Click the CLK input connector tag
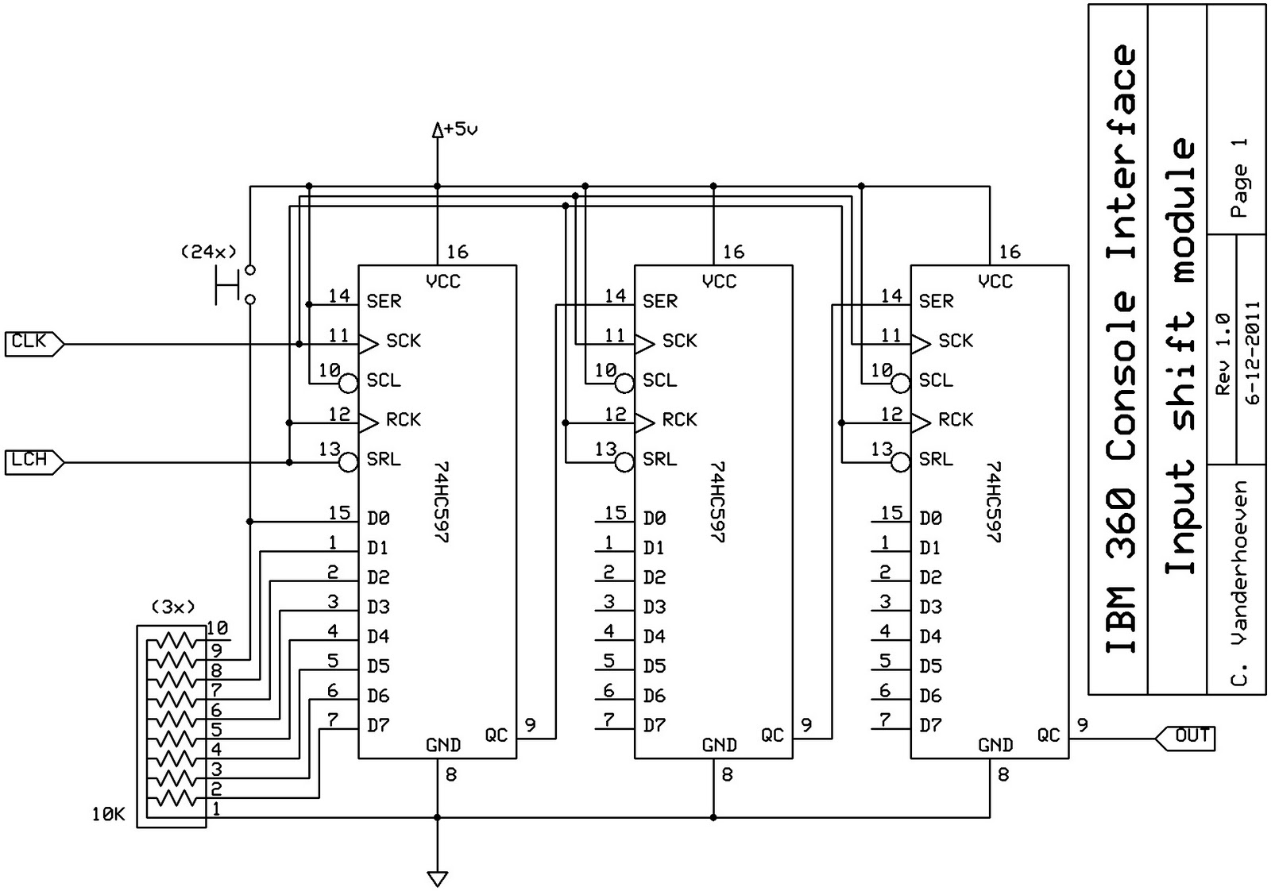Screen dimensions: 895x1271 [x=32, y=344]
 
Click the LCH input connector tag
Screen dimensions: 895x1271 [x=32, y=461]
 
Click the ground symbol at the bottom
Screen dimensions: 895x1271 [x=437, y=878]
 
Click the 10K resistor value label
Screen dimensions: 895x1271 [x=109, y=814]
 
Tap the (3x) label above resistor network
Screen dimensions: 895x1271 [x=172, y=608]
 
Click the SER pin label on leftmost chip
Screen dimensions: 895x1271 [x=384, y=302]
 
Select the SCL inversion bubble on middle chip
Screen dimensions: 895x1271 [x=625, y=384]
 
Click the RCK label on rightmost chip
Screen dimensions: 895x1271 [x=955, y=420]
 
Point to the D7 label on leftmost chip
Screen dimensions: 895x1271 [x=378, y=726]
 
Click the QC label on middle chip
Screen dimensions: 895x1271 [x=772, y=736]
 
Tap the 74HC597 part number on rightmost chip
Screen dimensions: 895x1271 [x=994, y=502]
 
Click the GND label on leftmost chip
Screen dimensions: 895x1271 [x=442, y=745]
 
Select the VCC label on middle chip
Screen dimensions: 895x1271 [x=719, y=281]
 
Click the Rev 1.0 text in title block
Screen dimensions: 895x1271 [x=1223, y=353]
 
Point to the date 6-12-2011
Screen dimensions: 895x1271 [x=1253, y=353]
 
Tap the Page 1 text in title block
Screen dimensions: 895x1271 [x=1238, y=179]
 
